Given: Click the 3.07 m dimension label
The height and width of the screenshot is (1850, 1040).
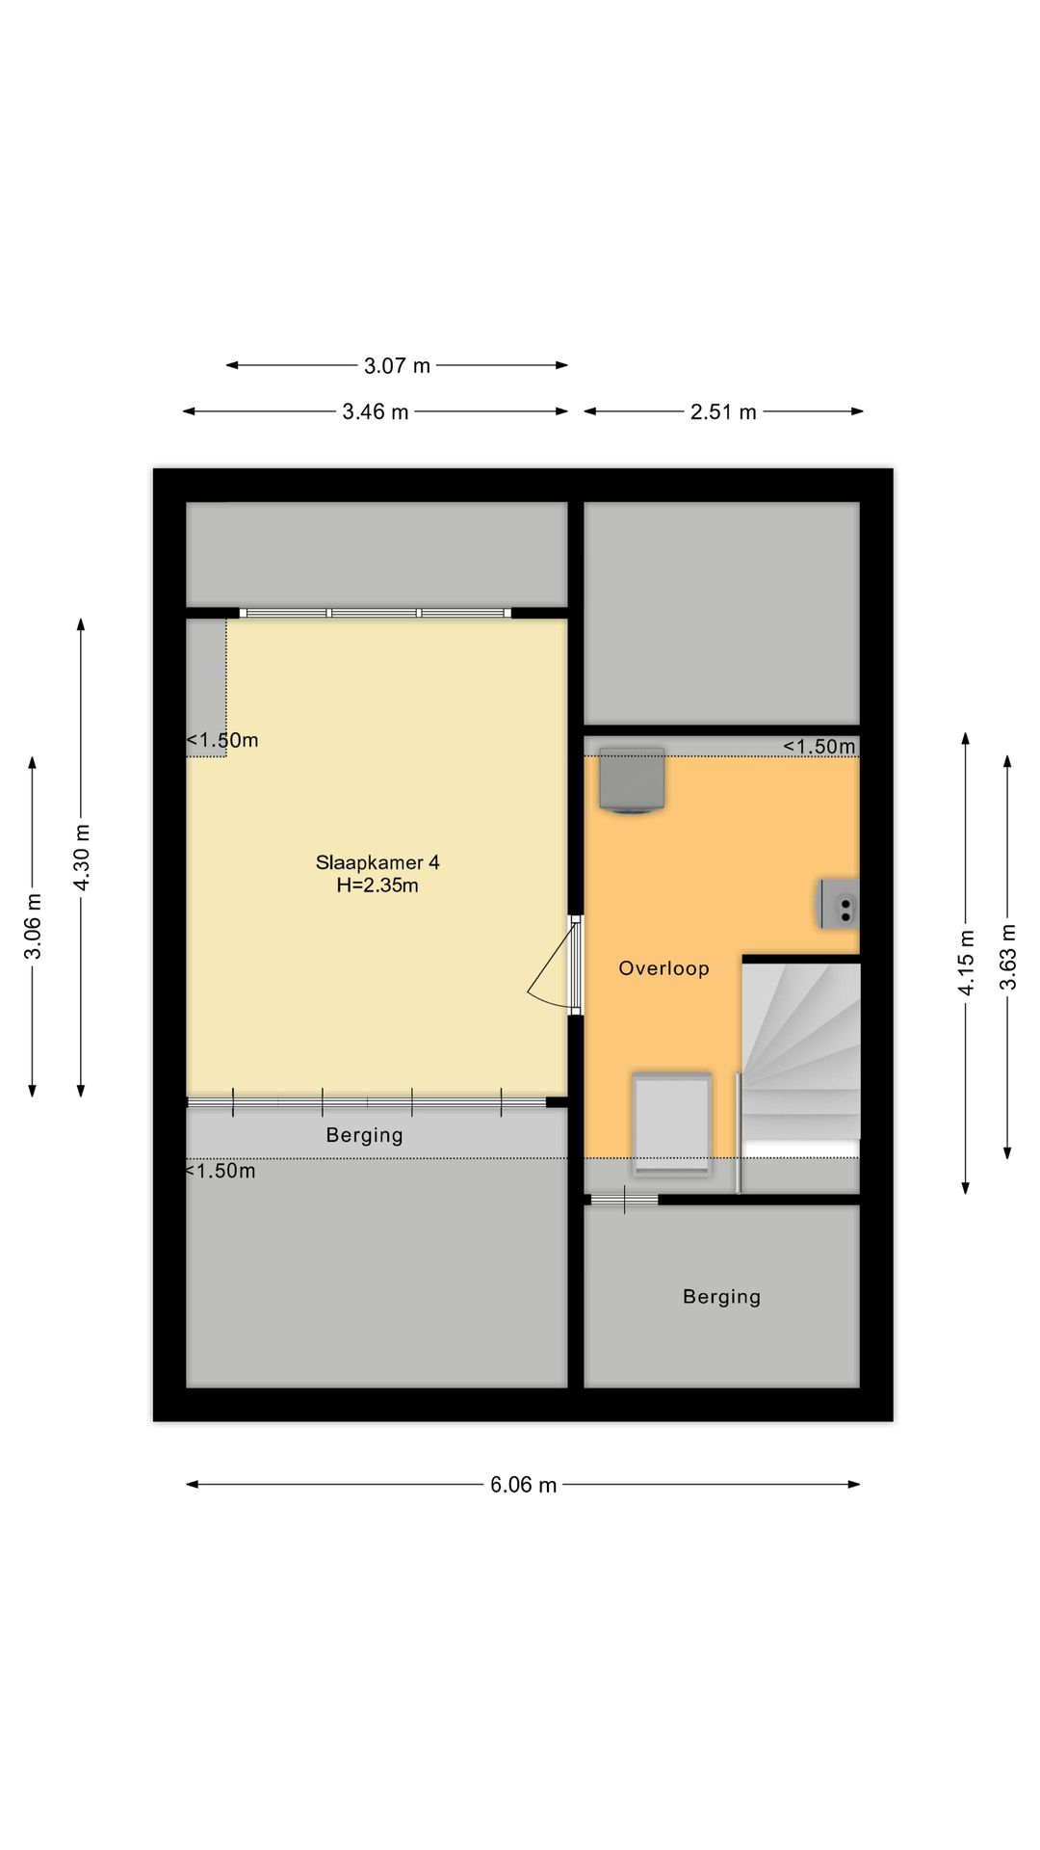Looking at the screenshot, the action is pos(397,366).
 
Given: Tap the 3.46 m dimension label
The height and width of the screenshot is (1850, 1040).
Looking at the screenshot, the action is pos(376,412).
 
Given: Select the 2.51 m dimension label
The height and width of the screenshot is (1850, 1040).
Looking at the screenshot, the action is pos(723,412).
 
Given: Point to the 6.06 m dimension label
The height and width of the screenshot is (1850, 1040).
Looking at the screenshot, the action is pos(523,1485).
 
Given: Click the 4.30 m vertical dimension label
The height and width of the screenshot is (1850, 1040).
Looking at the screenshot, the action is pos(82,858).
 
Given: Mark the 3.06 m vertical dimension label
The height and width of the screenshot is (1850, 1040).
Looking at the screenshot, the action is pos(34,927).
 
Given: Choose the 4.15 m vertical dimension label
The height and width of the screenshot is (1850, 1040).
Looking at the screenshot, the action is pos(967,963).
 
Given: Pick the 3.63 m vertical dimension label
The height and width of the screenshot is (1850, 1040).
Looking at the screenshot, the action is pos(1008,957).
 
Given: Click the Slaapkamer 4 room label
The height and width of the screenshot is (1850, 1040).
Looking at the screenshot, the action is pos(377,862).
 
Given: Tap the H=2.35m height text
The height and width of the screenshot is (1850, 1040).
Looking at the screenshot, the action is pos(377,885).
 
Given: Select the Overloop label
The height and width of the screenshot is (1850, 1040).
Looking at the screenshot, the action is pos(663,968).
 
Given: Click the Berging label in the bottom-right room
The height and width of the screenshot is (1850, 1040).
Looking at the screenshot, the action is pos(722,1297).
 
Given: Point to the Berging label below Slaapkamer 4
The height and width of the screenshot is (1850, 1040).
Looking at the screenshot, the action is pos(364,1135).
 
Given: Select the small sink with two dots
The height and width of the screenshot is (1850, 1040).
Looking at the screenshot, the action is pos(839,904).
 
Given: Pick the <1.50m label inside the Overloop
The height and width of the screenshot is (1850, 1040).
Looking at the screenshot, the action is pos(819,747).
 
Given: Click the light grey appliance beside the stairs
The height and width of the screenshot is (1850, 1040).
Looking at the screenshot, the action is pos(671,1123).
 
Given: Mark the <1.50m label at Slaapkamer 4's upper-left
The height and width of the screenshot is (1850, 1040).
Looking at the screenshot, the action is pos(222,741).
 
